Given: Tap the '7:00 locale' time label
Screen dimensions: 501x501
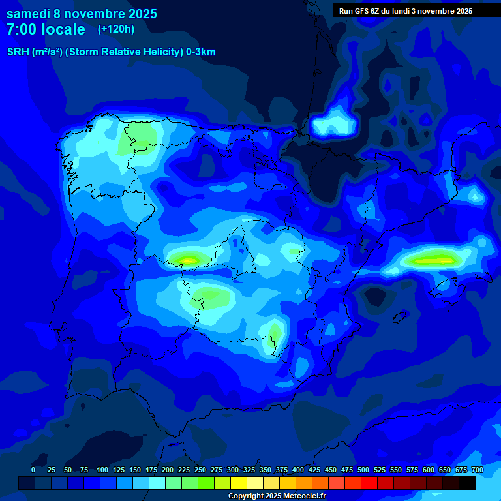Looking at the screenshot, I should pyautogui.click(x=46, y=29).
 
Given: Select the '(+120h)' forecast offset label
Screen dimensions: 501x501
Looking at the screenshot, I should pyautogui.click(x=115, y=29).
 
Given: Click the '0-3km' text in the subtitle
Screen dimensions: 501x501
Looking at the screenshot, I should pyautogui.click(x=201, y=52).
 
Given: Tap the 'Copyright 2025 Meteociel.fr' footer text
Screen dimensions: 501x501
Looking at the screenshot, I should pyautogui.click(x=277, y=496).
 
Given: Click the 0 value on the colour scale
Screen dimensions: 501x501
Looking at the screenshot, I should pyautogui.click(x=33, y=470).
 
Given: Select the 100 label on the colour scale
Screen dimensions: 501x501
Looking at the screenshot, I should pyautogui.click(x=102, y=470).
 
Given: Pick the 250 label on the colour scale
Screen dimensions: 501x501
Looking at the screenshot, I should pyautogui.click(x=200, y=470).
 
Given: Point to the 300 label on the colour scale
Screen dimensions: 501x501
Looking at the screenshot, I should pyautogui.click(x=233, y=470).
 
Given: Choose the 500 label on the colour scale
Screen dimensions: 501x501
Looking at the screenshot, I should pyautogui.click(x=363, y=470).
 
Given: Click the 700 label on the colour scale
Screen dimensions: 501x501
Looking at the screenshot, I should pyautogui.click(x=478, y=470).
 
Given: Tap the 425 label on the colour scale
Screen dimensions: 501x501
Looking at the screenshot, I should pyautogui.click(x=314, y=470).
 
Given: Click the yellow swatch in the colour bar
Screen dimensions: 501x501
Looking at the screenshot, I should pyautogui.click(x=239, y=483).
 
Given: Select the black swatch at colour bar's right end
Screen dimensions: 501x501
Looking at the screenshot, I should pyautogui.click(x=467, y=483).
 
